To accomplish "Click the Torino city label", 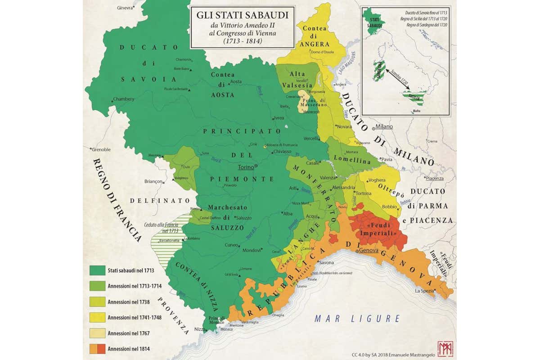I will click(x=246, y=167).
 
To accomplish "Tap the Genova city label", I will click(x=369, y=251).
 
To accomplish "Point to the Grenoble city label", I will click(x=101, y=149).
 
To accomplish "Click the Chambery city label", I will click(x=124, y=99).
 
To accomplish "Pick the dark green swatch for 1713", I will click(x=97, y=270).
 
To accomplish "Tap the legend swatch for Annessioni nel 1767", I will click(x=97, y=333).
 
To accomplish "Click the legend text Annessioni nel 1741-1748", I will click(x=134, y=317).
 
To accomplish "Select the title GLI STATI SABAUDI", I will click(x=242, y=15).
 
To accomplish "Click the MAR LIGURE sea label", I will click(x=357, y=319).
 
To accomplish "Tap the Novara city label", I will click(x=344, y=126).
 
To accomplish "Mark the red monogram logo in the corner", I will click(x=445, y=349).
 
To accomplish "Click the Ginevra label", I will click(x=125, y=8).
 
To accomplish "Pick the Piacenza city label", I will click(x=435, y=178).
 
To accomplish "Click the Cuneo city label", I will click(x=231, y=245).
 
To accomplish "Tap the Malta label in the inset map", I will click(x=417, y=111).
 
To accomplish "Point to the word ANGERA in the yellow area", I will click(x=315, y=44).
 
